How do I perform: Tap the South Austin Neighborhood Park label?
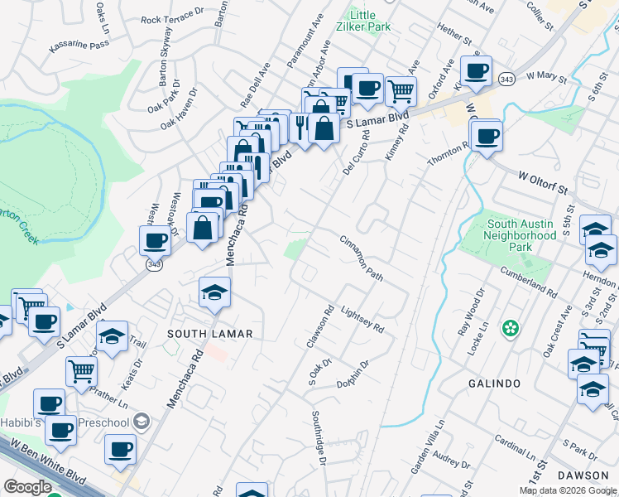point(521,235)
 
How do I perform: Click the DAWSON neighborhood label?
point(583,475)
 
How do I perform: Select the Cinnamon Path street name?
point(362,258)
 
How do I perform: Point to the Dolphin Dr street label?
point(352,374)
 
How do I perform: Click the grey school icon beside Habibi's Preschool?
point(142,422)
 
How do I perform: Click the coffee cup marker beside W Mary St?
point(476,72)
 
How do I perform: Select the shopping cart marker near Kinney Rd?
point(401,91)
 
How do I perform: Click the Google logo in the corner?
point(28,486)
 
